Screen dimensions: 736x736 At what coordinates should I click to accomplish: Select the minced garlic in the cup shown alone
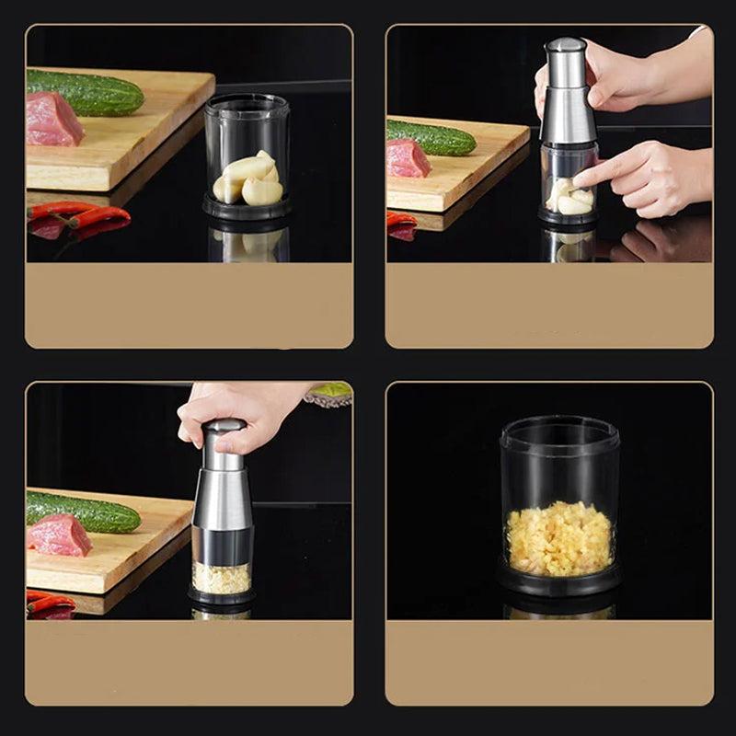point(559,537)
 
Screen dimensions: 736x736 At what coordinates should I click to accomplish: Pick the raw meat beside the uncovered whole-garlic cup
point(52,120)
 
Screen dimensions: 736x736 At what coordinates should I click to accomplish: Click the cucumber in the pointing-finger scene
point(431,138)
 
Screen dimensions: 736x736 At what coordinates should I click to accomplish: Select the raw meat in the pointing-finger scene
point(408,158)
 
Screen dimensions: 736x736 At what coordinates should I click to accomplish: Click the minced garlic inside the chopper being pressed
point(221,578)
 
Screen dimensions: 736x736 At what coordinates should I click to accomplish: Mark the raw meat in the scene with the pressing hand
point(59,535)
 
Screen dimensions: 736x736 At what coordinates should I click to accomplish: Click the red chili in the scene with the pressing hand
point(51,603)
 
